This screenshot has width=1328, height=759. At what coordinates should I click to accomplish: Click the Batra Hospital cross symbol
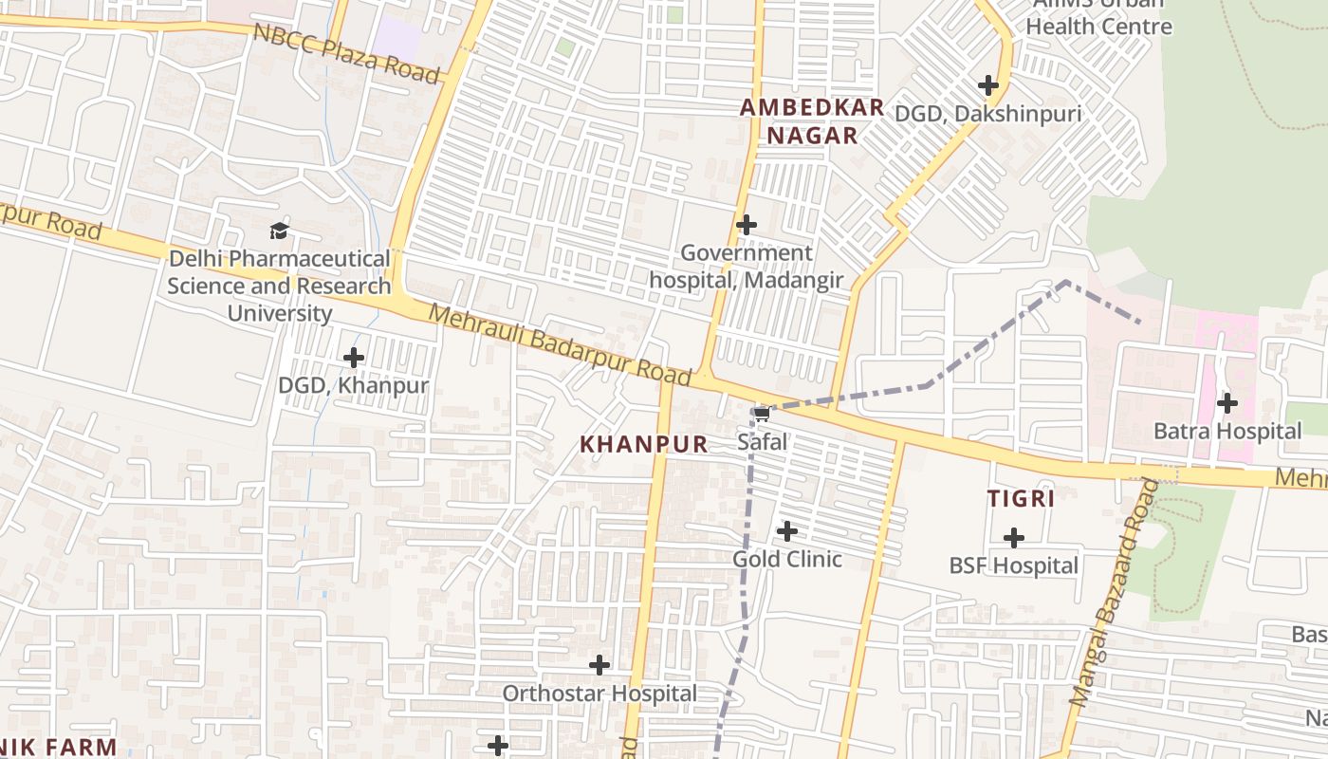(x=1227, y=403)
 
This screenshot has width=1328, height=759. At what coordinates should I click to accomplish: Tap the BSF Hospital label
(x=1013, y=565)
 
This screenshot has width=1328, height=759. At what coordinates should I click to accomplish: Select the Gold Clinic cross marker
(x=787, y=531)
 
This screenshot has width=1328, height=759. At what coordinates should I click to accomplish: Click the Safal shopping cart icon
(x=761, y=414)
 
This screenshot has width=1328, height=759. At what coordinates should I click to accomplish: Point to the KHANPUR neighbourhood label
(x=644, y=444)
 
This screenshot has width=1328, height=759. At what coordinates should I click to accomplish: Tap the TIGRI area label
(x=1021, y=499)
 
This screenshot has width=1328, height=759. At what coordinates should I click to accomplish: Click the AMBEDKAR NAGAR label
(x=812, y=121)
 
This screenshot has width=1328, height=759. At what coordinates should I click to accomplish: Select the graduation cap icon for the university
(x=279, y=231)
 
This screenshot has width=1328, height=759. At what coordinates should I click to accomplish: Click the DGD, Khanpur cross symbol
(x=354, y=358)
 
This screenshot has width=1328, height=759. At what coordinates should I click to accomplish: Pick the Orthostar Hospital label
(x=599, y=694)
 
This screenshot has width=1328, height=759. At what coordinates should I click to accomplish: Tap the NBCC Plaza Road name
(x=347, y=53)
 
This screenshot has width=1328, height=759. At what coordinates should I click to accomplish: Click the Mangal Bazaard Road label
(x=1115, y=594)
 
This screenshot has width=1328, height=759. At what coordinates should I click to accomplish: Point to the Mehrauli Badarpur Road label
(x=560, y=343)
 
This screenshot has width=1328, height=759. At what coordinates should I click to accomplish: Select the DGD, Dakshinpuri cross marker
(x=988, y=85)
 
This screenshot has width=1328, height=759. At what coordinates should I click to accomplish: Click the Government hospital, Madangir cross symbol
(x=747, y=225)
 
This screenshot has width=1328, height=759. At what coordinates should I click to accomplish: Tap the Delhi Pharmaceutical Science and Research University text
(x=279, y=286)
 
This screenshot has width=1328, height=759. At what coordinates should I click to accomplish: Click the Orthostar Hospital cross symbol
(x=599, y=665)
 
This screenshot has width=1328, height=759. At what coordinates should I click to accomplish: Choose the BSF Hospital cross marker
(x=1014, y=538)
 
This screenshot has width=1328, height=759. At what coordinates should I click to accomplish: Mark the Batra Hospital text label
(x=1227, y=432)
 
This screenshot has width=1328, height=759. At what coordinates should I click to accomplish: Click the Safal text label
(x=762, y=442)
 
